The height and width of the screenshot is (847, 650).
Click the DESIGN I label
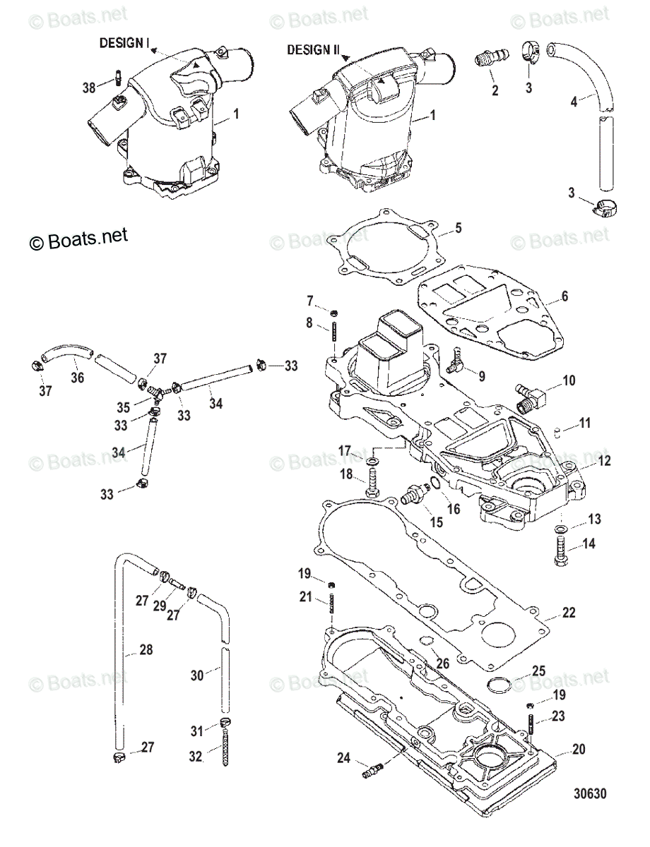(x=124, y=44)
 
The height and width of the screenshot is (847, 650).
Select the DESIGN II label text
(x=313, y=51)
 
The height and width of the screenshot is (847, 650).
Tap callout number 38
(x=88, y=88)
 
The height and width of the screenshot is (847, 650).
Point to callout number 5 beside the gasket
(x=458, y=228)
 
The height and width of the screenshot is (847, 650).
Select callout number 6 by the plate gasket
(x=565, y=297)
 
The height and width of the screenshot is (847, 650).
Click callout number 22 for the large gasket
(x=569, y=613)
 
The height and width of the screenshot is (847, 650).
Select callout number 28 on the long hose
(x=146, y=649)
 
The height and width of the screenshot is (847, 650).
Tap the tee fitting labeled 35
(x=158, y=392)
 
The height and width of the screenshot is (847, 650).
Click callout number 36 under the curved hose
(x=77, y=378)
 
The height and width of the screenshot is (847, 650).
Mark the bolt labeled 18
(x=372, y=486)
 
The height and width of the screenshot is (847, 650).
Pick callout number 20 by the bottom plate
(x=579, y=750)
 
